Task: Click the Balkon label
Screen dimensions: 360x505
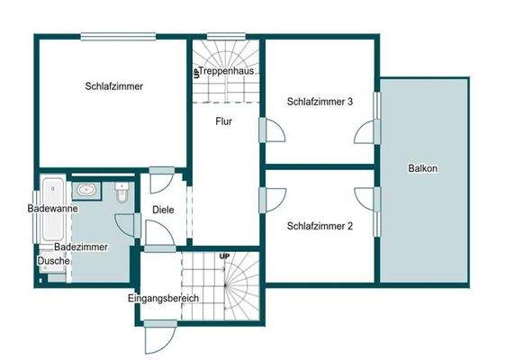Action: (x=422, y=168)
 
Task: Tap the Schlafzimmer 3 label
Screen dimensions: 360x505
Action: (x=320, y=102)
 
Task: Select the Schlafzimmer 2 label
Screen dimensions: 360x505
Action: (x=320, y=226)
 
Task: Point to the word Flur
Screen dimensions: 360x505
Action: (x=224, y=121)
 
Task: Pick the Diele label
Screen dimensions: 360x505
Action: (x=163, y=210)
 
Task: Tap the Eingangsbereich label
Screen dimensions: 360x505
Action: (x=163, y=298)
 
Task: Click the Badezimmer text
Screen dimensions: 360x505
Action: (x=81, y=246)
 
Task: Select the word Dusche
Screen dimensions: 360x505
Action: (x=53, y=261)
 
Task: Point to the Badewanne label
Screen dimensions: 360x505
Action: (x=52, y=208)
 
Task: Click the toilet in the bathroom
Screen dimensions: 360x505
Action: (x=122, y=191)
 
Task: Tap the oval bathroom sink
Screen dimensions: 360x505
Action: (x=88, y=190)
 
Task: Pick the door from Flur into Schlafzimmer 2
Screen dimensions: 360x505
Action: (x=272, y=198)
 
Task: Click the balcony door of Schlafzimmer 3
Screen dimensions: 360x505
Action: (x=366, y=132)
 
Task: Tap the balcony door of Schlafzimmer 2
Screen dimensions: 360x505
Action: (x=366, y=199)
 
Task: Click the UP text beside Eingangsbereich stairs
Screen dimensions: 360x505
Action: (x=224, y=257)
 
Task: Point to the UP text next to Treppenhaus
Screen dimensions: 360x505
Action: (x=195, y=72)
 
